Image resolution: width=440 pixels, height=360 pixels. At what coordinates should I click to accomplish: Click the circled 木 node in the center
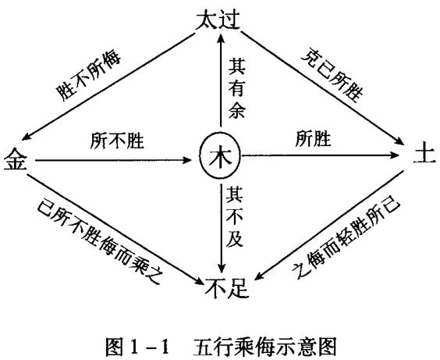tap(220, 155)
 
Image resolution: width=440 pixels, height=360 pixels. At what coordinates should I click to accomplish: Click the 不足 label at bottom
tap(227, 288)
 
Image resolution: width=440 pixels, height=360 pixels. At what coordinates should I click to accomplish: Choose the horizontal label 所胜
tap(313, 138)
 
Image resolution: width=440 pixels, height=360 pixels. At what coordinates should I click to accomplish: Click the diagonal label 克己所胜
tap(332, 74)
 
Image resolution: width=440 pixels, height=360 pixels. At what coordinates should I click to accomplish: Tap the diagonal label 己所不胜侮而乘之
tap(100, 241)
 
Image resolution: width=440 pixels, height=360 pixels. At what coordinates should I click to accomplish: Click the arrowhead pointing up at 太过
tap(221, 38)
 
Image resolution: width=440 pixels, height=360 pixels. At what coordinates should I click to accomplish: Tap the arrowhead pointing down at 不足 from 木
tap(222, 268)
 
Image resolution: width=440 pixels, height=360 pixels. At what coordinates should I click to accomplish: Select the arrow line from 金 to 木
tap(113, 160)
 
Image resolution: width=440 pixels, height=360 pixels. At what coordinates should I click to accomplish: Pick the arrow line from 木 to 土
tap(320, 155)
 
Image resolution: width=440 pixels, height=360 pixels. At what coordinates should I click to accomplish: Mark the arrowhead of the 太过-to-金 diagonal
tap(27, 137)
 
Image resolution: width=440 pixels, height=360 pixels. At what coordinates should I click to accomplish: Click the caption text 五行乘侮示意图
tap(264, 346)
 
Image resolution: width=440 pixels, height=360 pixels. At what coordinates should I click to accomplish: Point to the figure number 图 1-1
tap(138, 346)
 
